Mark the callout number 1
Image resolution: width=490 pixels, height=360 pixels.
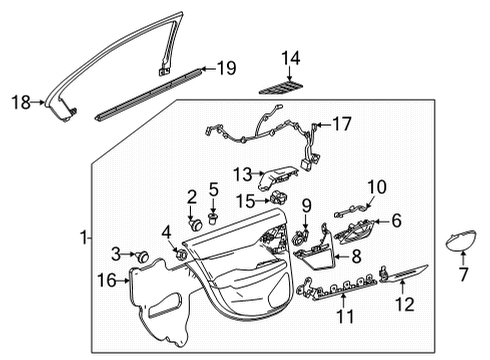[84, 238]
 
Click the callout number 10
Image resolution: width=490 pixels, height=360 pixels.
[375, 186]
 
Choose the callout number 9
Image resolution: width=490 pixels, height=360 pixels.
[307, 205]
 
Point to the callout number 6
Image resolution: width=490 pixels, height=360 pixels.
[395, 221]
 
